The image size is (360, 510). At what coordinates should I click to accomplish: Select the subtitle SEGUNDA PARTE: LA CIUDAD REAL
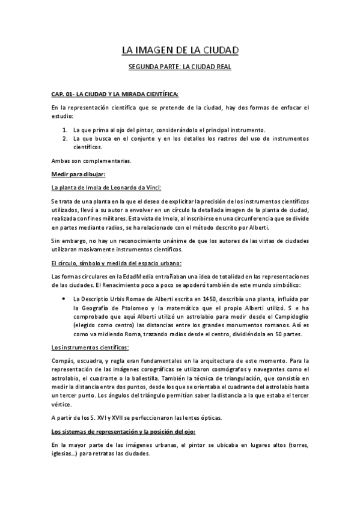180,67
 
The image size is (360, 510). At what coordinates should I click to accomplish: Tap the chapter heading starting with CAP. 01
115,94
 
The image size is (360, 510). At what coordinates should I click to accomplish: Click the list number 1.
65,129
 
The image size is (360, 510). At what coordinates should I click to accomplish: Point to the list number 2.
65,138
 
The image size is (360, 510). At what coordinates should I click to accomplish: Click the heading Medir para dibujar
79,174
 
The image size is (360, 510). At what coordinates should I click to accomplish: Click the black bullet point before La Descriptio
64,298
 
